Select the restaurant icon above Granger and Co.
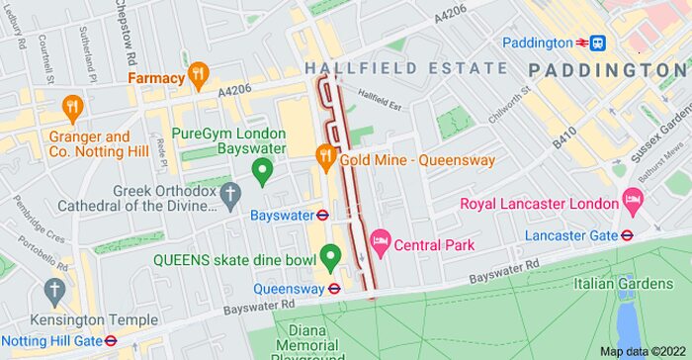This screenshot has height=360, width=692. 71,107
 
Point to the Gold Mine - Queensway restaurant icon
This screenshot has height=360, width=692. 323,157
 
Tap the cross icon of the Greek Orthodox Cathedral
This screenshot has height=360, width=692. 230,194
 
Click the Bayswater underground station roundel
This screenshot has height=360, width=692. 321,215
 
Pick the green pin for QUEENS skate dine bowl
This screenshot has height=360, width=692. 330,258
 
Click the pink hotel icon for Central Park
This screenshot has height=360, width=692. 379,243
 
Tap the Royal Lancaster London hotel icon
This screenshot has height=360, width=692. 633,204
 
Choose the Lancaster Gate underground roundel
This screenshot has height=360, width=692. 627,235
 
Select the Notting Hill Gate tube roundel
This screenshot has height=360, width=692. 111,340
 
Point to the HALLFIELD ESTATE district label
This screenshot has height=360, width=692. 406,68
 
